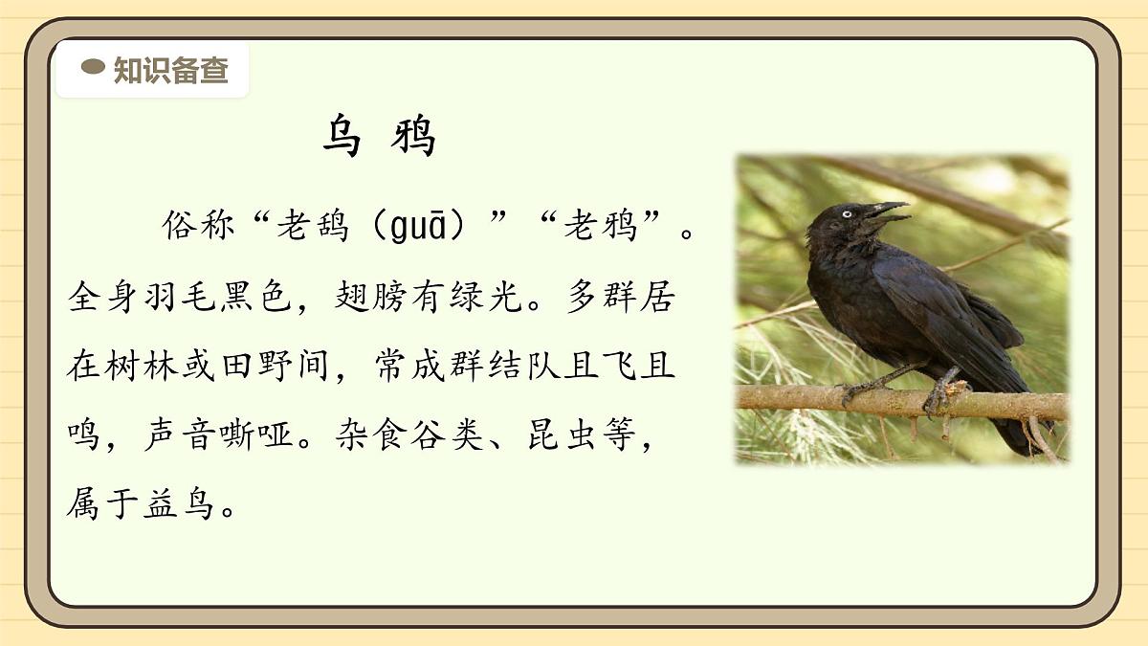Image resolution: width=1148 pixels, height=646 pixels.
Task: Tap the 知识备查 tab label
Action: point(170,70)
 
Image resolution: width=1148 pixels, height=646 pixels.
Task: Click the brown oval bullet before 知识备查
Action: point(93,67)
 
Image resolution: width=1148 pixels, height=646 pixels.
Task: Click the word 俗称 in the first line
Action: point(199,227)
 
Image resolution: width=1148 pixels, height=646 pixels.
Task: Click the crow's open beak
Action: point(886,212)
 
